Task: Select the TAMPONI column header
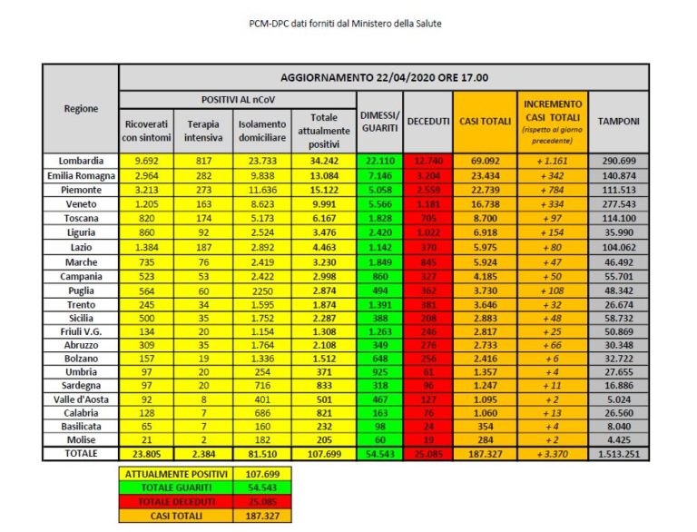tap(618, 121)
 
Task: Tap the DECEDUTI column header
tap(423, 121)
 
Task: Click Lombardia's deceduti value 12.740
tap(423, 160)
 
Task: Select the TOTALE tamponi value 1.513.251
tap(618, 453)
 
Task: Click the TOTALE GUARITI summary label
tap(172, 488)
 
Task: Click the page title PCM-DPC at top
tap(348, 22)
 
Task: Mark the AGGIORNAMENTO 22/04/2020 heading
tap(384, 77)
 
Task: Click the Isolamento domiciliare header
tap(263, 130)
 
